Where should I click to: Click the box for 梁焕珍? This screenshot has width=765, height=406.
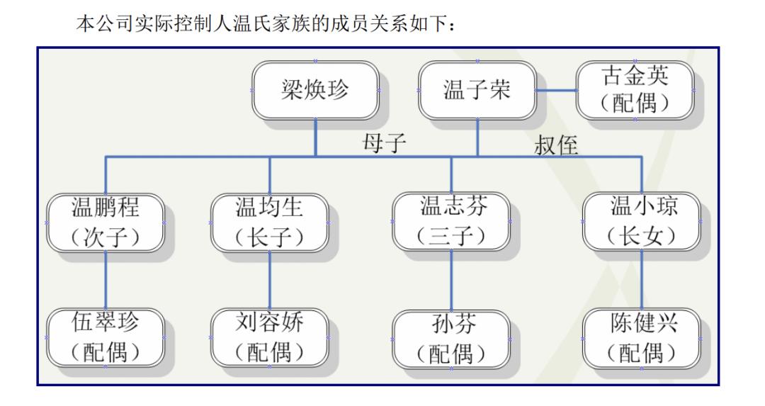[315, 90]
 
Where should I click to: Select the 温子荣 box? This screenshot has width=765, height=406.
[477, 90]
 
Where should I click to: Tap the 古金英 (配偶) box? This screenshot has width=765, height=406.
[635, 90]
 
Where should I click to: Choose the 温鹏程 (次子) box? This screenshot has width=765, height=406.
[106, 222]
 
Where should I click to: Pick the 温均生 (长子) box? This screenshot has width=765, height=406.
[269, 222]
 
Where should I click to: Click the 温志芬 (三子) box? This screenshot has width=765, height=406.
[451, 222]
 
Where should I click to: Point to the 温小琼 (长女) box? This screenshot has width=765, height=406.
[642, 222]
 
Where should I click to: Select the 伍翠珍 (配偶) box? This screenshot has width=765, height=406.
[106, 338]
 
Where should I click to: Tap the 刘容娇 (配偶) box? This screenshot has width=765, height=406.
[269, 338]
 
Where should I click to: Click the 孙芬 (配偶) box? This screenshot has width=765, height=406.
[451, 339]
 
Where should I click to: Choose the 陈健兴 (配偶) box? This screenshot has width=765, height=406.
[642, 339]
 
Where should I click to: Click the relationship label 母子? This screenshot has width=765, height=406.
[384, 143]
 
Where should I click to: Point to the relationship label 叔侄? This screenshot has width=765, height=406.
[556, 145]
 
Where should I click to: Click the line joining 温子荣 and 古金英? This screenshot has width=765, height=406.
[556, 90]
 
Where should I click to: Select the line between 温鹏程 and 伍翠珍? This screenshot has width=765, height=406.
[106, 280]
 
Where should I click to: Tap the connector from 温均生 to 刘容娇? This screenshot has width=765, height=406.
[269, 280]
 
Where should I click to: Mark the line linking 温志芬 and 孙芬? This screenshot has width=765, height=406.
[451, 281]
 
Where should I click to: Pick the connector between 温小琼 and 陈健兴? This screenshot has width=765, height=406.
[642, 280]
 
